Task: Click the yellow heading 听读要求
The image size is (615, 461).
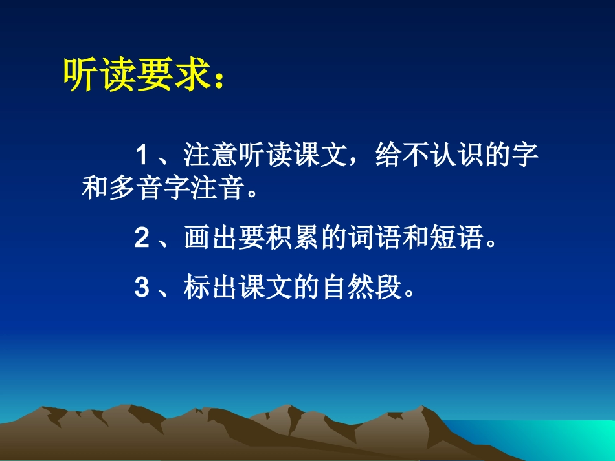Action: coord(137,76)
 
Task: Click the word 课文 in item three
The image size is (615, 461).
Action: coord(267,288)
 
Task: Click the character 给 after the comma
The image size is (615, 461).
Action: coord(386,156)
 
